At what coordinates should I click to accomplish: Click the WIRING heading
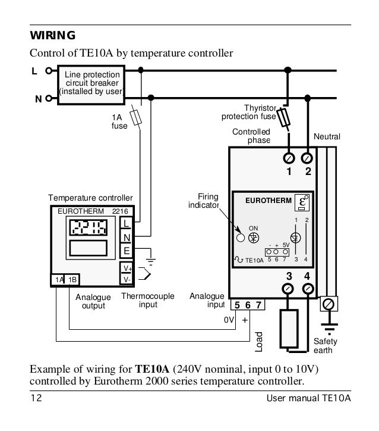(53, 35)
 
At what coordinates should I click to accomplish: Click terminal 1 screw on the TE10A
(289, 158)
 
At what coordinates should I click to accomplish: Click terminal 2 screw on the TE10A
(308, 158)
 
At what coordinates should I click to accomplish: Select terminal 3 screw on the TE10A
(289, 289)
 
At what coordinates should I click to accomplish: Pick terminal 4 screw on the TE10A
(308, 289)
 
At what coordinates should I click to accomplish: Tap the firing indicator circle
(241, 238)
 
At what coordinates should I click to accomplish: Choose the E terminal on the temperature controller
(126, 251)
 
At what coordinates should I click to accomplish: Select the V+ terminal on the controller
(126, 268)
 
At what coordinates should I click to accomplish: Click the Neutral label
(327, 137)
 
